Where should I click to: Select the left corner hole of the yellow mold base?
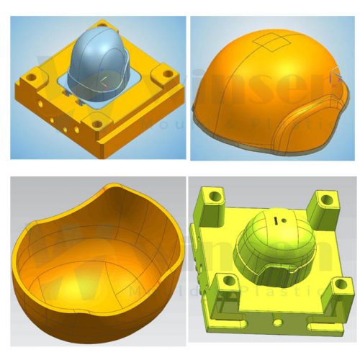(x=33, y=74)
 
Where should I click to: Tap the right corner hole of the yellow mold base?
(x=166, y=74)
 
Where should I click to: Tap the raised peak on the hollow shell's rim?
(x=109, y=188)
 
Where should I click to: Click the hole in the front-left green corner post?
(x=228, y=280)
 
